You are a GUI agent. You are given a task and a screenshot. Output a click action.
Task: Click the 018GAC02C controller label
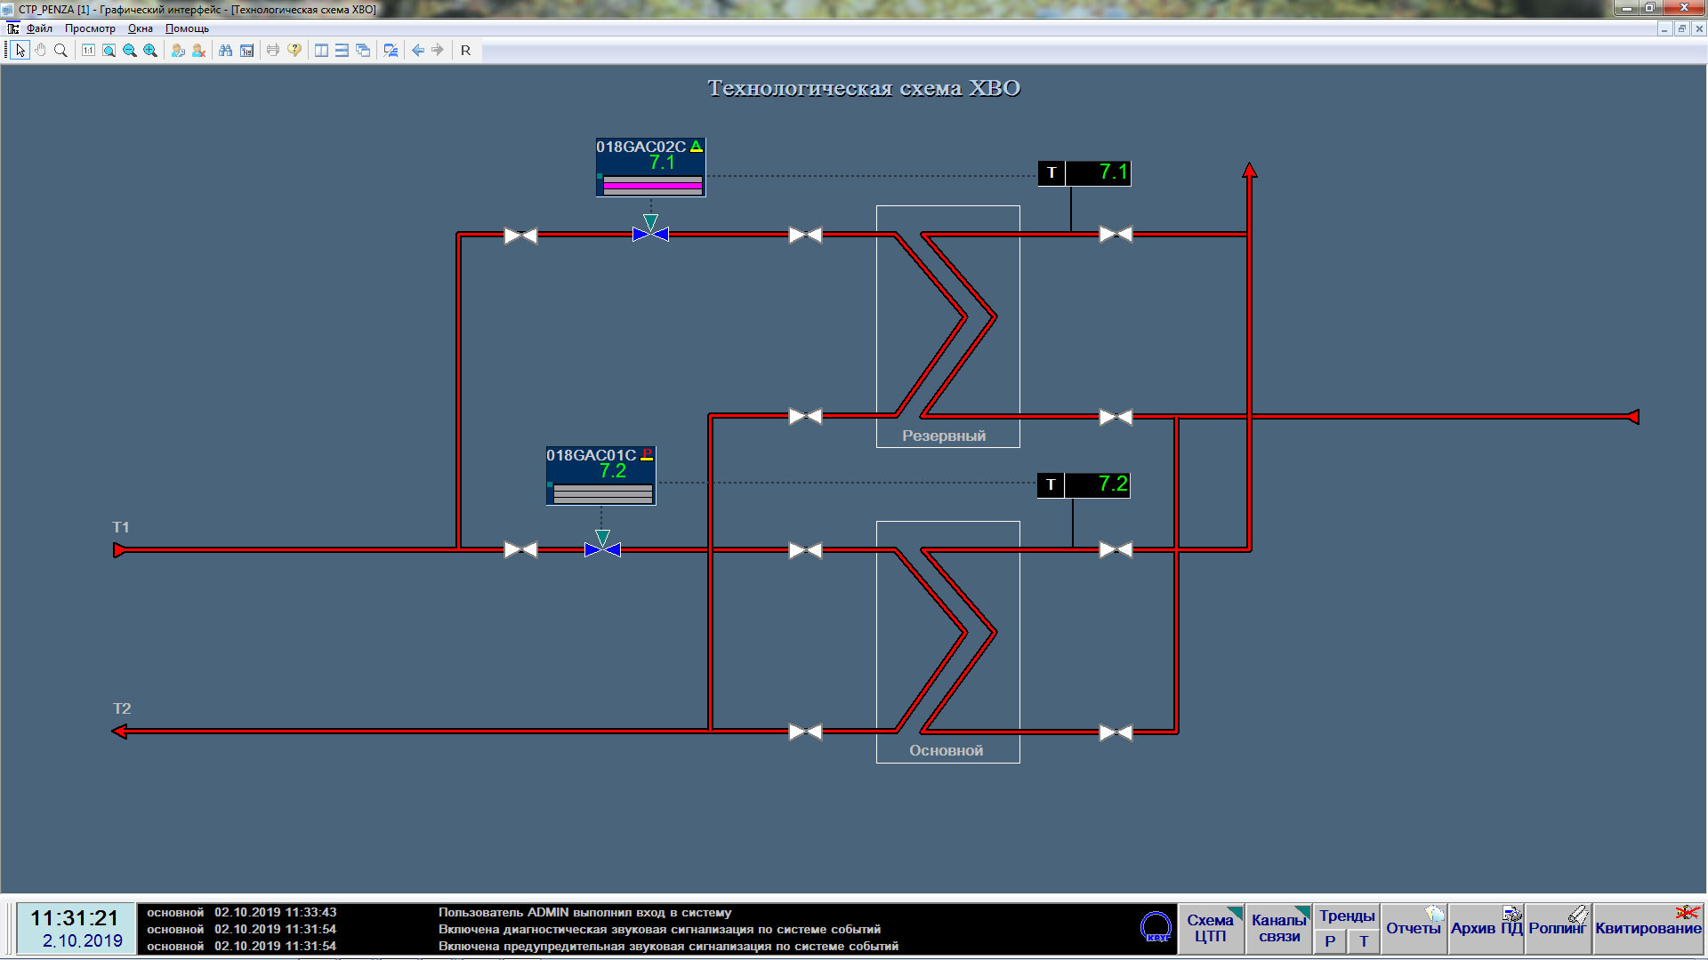(x=640, y=147)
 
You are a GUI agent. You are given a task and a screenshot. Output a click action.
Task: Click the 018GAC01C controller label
(x=591, y=455)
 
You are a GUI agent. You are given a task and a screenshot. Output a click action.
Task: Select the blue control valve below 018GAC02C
(x=650, y=235)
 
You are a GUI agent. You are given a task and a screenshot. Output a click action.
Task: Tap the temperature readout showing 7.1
(x=1084, y=172)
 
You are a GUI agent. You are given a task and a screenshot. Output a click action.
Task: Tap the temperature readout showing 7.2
(x=1084, y=484)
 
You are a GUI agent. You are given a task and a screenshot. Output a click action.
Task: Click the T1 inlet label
(x=121, y=527)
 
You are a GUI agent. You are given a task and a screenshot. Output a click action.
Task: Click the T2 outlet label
(x=122, y=708)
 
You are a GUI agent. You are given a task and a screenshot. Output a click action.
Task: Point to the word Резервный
(x=944, y=436)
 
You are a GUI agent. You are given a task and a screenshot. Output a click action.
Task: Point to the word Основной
(x=946, y=750)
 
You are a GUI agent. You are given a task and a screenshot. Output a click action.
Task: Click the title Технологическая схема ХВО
(x=864, y=88)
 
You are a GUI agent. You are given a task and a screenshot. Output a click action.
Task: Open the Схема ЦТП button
(x=1211, y=929)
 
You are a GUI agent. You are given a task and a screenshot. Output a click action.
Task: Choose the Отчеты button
(x=1414, y=929)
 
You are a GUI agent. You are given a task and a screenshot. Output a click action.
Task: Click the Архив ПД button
(x=1486, y=929)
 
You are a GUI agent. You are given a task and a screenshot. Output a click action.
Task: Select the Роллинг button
(x=1558, y=929)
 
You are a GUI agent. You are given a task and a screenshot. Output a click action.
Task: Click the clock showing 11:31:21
(x=75, y=918)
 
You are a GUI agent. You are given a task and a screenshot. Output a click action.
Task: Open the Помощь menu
(x=187, y=28)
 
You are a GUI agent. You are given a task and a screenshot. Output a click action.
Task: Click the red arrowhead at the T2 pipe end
(x=119, y=732)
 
